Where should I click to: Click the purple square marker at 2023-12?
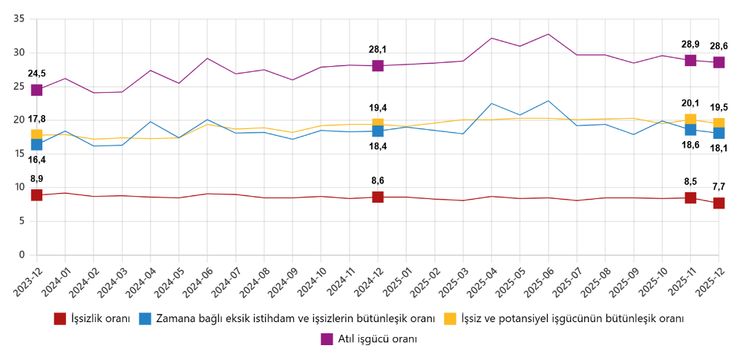36,90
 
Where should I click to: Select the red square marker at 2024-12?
378,197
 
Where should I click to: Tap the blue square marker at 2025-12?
719,133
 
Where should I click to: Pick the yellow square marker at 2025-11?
690,120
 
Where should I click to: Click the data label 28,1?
378,50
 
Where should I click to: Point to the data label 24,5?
36,73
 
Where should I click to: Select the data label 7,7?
719,187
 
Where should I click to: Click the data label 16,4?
36,160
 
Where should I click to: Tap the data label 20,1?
690,103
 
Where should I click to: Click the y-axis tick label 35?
19,19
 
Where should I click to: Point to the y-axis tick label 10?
19,188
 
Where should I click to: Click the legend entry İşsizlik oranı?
99,319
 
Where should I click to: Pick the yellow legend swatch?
450,319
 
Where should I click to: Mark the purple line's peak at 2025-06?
549,34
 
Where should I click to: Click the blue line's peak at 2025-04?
491,103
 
